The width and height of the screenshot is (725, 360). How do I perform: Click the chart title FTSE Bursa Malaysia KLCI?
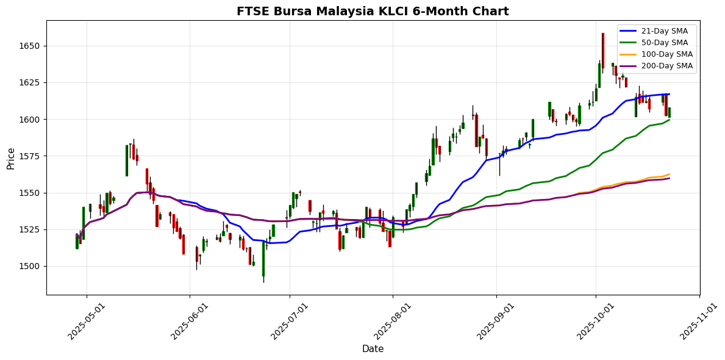[373, 11]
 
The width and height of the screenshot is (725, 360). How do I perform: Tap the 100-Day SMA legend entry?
[664, 54]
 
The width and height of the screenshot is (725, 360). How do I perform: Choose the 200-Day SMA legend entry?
[664, 66]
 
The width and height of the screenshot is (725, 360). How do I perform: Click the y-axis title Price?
[11, 157]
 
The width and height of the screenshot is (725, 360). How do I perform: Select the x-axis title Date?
[373, 349]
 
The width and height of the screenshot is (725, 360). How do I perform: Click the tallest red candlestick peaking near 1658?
[602, 50]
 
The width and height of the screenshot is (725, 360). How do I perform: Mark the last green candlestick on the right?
[669, 112]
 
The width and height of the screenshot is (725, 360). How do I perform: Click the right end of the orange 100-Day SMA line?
[670, 174]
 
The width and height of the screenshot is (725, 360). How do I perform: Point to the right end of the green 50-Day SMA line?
[670, 120]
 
